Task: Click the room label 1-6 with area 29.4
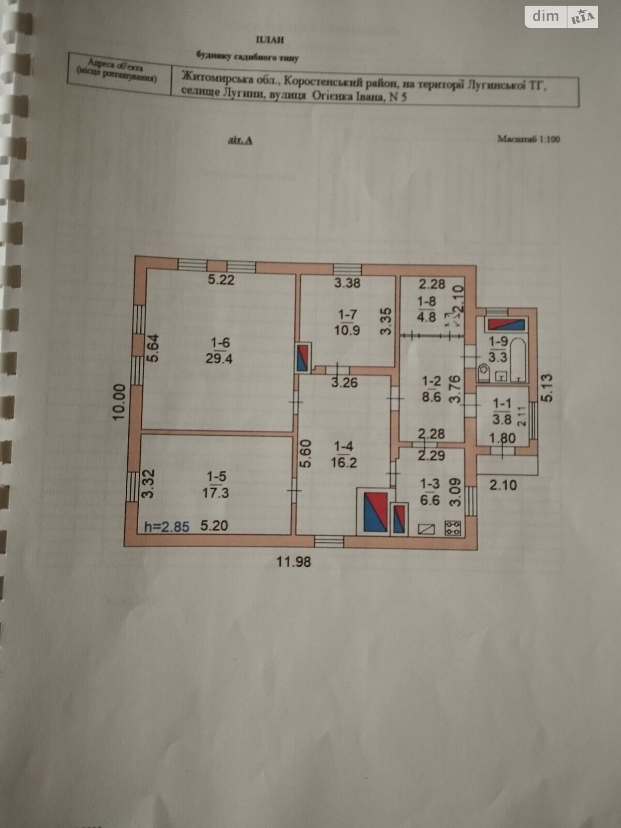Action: (x=218, y=350)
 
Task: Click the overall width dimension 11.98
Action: (x=293, y=561)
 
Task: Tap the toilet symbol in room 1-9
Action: (x=484, y=372)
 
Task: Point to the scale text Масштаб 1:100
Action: (x=528, y=139)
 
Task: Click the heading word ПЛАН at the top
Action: (x=270, y=40)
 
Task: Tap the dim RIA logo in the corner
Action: (x=561, y=17)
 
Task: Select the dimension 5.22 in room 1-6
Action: (x=221, y=280)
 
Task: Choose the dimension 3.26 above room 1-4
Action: (x=344, y=383)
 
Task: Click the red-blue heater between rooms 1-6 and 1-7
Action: (x=303, y=357)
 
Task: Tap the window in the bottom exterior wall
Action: (x=329, y=541)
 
